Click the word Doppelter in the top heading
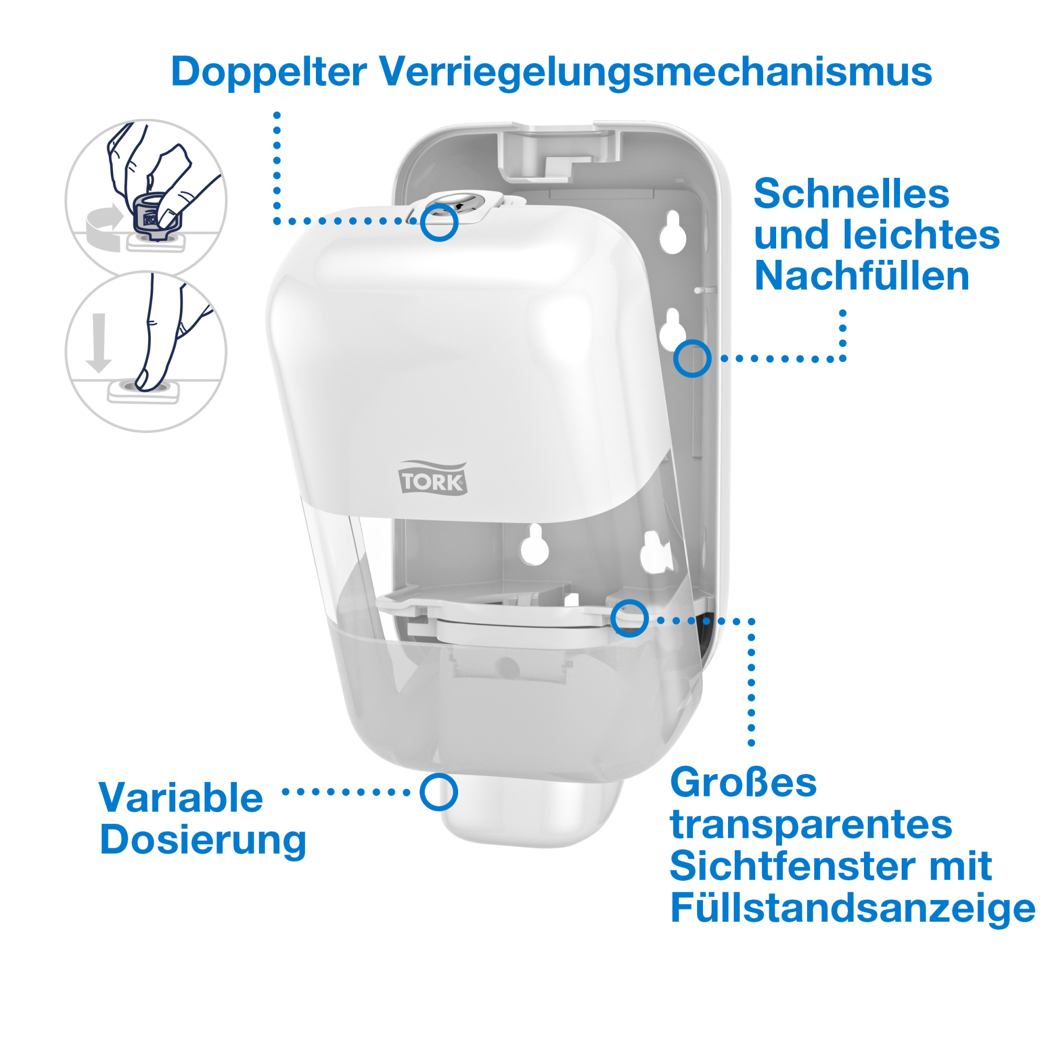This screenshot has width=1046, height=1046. point(268,72)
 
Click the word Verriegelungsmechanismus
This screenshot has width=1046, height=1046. point(655,72)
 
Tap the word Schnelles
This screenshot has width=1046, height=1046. point(851,194)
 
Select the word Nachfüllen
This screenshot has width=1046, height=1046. point(861,276)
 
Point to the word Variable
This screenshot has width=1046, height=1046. point(181,798)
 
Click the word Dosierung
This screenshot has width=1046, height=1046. point(203,840)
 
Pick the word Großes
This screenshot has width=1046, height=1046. point(743,782)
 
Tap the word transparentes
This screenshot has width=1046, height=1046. point(811,825)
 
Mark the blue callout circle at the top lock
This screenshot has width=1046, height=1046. point(439,222)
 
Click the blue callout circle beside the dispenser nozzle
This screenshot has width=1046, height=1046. point(439,791)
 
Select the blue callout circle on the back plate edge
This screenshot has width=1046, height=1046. point(692,358)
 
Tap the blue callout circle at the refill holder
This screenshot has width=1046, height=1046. point(630,618)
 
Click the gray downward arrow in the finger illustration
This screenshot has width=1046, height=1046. point(98,343)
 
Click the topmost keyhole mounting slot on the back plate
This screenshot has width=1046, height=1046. point(673,232)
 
